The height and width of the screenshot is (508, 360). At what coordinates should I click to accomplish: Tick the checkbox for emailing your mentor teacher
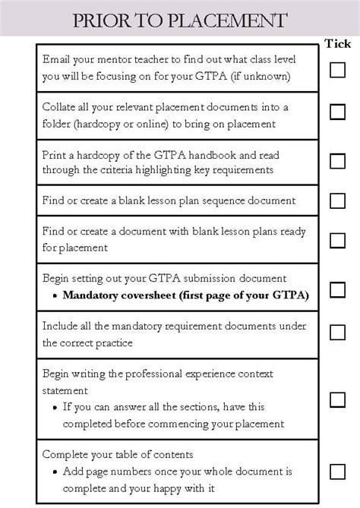coord(337,70)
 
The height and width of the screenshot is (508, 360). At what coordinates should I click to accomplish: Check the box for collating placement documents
coord(337,112)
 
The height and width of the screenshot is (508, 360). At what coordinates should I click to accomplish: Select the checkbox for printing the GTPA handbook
coord(337,160)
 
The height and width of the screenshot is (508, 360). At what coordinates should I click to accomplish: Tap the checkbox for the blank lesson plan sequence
coord(337,200)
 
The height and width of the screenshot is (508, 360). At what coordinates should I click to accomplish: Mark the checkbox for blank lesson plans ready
coord(337,240)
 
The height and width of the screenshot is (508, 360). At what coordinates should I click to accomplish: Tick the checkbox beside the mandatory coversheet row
coord(337,289)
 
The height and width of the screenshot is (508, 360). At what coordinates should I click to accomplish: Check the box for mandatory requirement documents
coord(337,332)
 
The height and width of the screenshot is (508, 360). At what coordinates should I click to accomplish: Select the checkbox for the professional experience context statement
coord(337,399)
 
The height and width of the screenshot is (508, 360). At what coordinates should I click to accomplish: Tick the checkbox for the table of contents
coord(337,472)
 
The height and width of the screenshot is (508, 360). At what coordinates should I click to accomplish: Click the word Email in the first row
coord(58,58)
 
